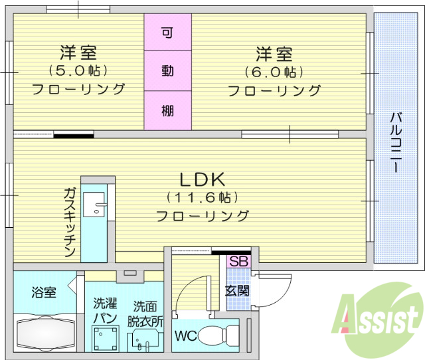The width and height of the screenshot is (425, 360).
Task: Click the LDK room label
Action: click(x=203, y=179)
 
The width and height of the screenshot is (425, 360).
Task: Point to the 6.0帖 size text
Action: click(x=274, y=71)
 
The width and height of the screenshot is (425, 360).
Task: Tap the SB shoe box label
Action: click(x=238, y=261)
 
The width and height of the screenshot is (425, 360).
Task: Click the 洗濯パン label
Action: click(x=106, y=311)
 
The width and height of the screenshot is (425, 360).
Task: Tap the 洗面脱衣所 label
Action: click(x=145, y=312)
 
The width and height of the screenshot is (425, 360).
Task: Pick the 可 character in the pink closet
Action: click(x=167, y=32)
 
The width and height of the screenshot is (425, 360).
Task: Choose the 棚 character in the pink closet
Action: click(x=167, y=110)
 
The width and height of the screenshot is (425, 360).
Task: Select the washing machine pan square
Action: click(x=106, y=339)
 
